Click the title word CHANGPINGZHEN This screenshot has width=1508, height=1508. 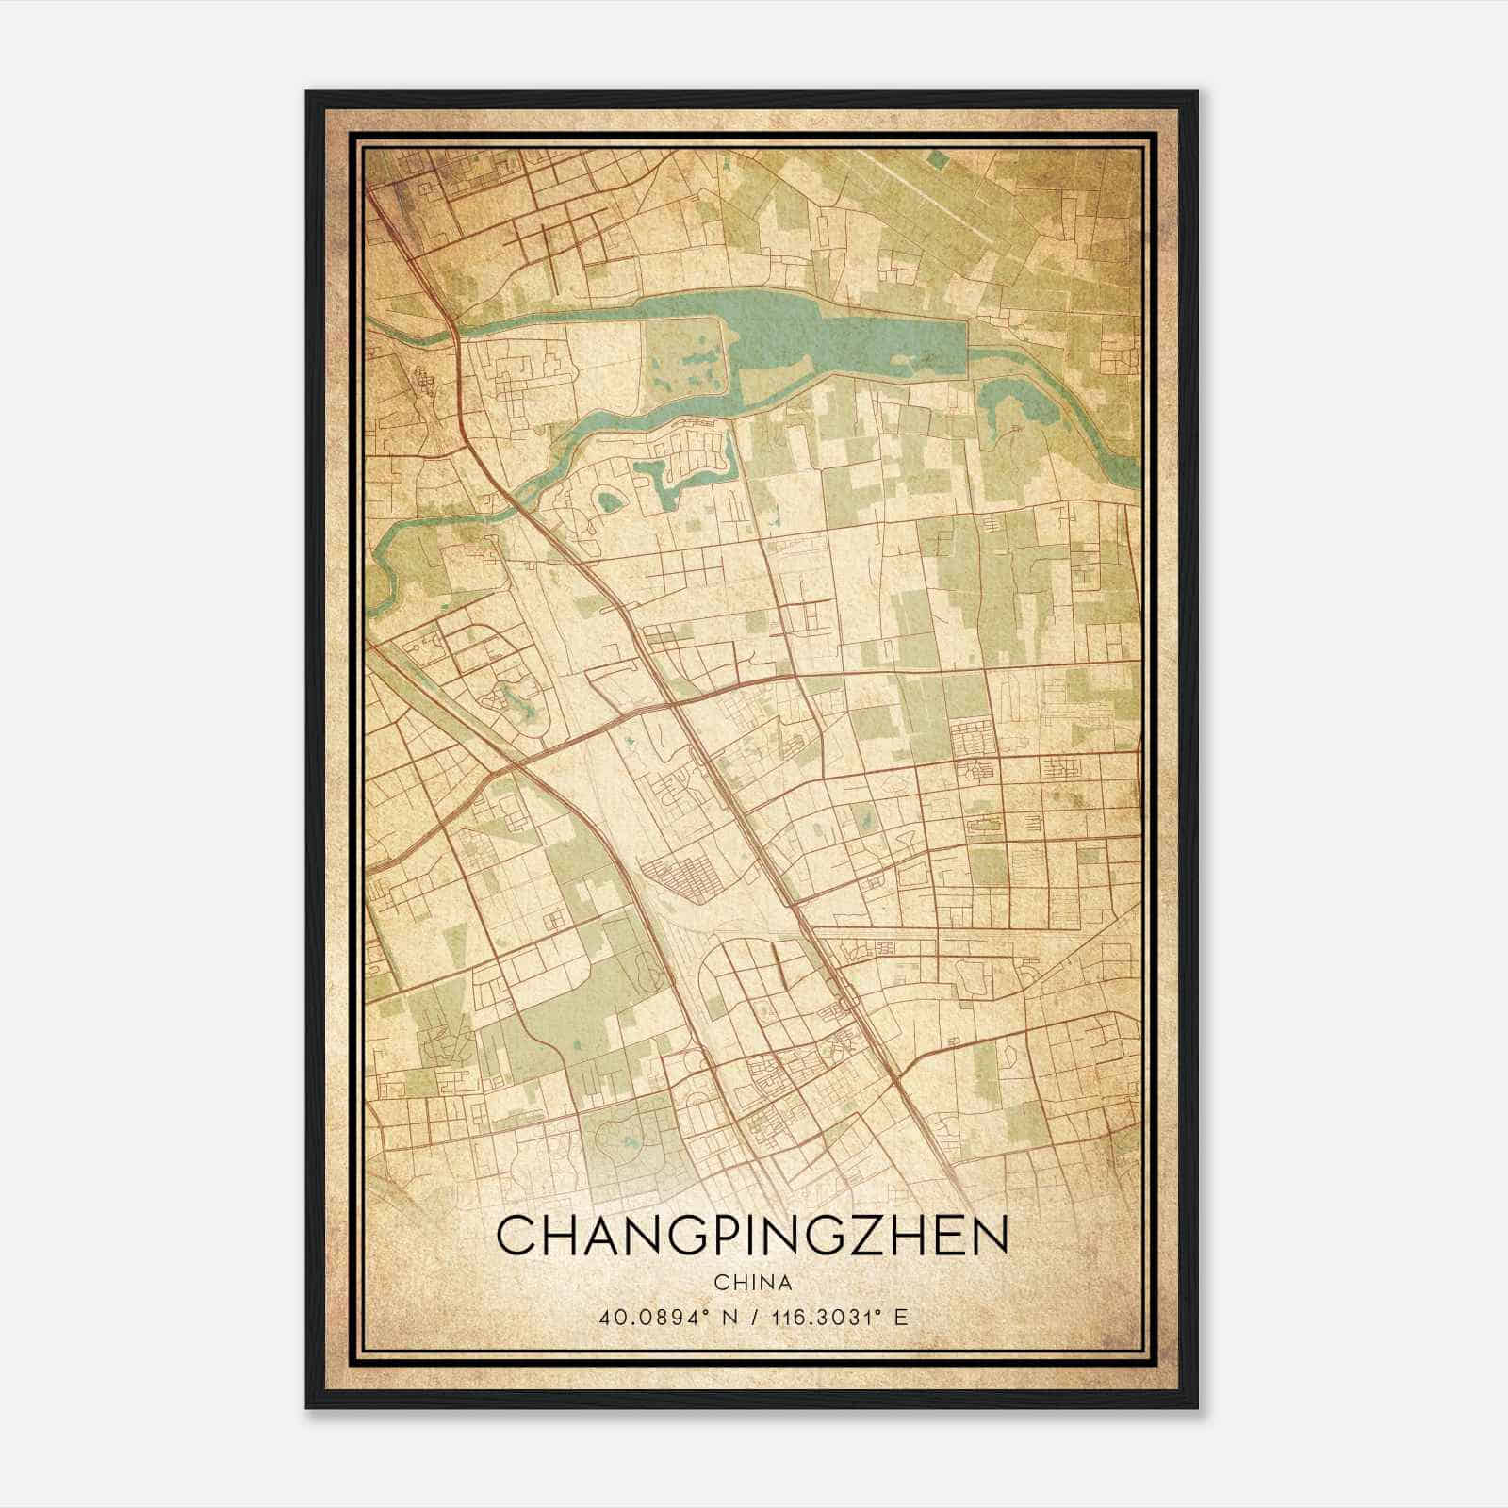coord(752,1236)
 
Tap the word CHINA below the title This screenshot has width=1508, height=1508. coord(752,1283)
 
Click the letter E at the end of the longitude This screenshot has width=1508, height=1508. coord(901,1317)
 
